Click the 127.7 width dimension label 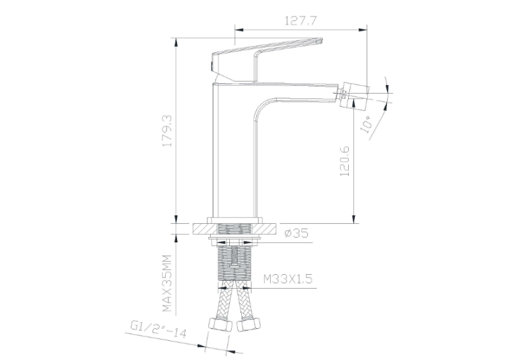coord(301,20)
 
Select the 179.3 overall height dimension coord(168,131)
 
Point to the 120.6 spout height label coord(345,161)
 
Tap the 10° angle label coord(367,124)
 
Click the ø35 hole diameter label coord(297,233)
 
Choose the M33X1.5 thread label coord(288,279)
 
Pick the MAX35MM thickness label coord(166,283)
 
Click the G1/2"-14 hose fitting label coord(159,328)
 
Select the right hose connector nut coord(248,324)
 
